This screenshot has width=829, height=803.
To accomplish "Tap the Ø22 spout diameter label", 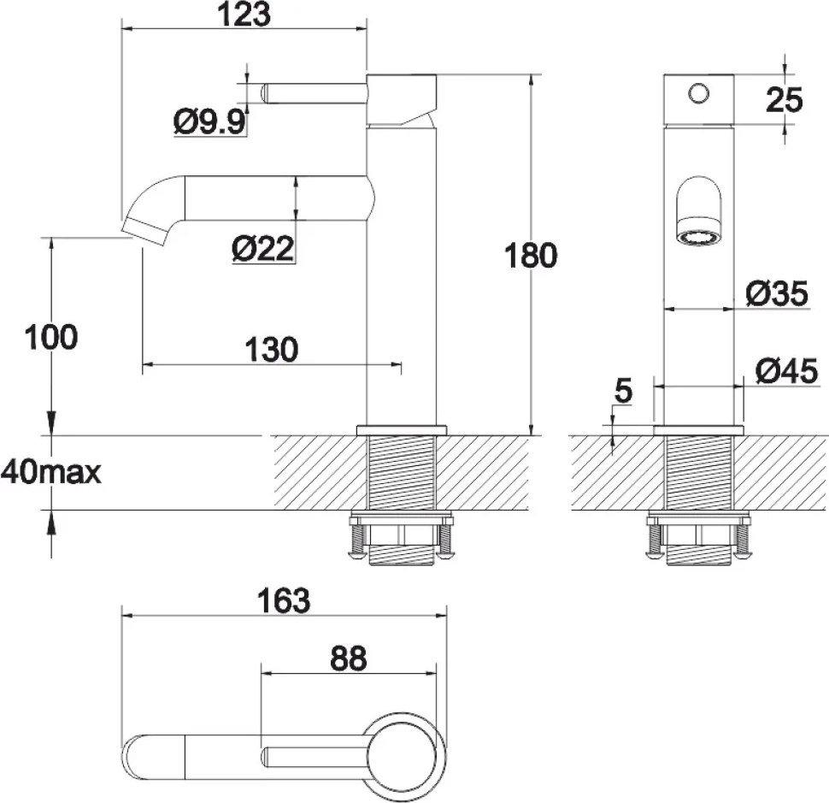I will pos(262,249).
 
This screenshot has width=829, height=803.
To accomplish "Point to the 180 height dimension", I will pos(530,256).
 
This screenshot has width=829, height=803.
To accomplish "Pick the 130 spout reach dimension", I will pos(272,349).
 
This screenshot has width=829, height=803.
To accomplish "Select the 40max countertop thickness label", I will pos(50,471).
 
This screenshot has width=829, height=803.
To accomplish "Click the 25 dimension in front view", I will pos(784,100).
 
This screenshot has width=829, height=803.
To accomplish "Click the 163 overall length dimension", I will pos(284,600).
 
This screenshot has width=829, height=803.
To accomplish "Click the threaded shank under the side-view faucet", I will pos(400,475).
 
